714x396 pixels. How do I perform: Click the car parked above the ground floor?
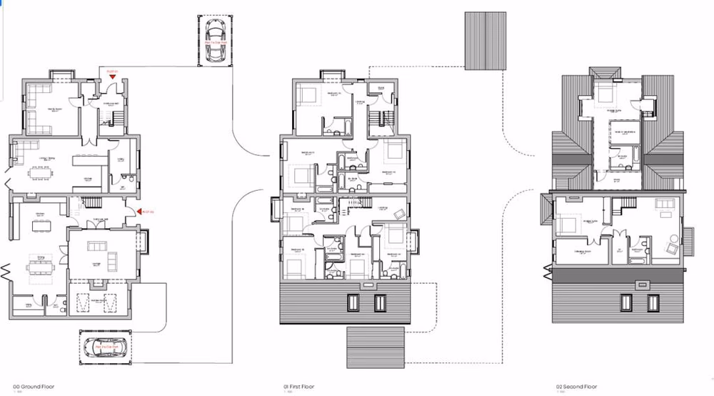[213, 31]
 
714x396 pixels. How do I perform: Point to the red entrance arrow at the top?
[111, 75]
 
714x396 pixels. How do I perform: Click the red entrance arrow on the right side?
[140, 212]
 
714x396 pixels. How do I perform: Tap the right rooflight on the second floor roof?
[652, 303]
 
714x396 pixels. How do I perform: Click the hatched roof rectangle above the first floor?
[483, 40]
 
